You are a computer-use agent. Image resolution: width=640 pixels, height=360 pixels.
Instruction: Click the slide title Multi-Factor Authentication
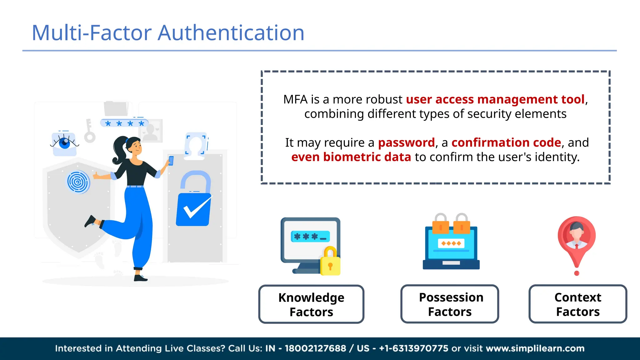168,33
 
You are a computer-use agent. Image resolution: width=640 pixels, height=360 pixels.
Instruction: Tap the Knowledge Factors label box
311,304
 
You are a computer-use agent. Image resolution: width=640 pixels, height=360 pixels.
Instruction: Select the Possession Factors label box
450,304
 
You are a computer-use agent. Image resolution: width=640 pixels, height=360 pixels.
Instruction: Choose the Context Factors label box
578,304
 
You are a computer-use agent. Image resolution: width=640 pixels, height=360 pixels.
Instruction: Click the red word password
406,142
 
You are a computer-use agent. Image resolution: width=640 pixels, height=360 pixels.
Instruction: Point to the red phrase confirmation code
506,142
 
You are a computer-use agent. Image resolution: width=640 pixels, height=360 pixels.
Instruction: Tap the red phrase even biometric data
351,157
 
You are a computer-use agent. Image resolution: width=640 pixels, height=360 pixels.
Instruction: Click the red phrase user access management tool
495,99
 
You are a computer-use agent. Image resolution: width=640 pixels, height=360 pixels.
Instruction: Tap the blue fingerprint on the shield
78,182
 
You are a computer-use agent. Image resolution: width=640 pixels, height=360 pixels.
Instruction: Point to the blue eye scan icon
64,143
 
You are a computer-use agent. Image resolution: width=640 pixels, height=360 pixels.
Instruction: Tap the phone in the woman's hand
171,161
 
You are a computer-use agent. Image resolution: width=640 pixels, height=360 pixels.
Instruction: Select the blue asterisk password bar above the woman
124,123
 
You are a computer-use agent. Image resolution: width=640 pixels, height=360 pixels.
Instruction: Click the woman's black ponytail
118,150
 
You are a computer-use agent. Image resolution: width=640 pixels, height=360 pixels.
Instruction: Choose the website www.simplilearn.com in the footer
535,348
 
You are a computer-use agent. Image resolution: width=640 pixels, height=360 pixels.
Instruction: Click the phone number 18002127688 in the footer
315,348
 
